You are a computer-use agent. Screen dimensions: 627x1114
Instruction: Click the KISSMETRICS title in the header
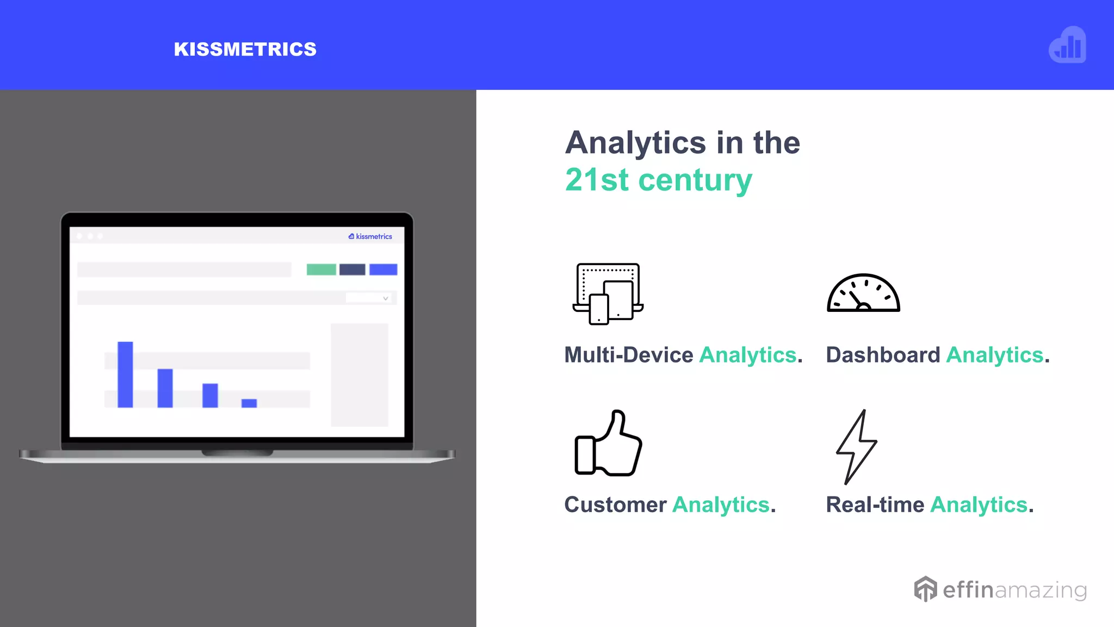pos(245,49)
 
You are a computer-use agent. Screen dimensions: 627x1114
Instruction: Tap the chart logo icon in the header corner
pos(1067,45)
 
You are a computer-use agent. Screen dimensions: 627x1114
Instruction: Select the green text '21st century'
pos(658,180)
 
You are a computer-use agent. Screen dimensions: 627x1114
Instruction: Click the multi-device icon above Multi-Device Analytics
pos(608,294)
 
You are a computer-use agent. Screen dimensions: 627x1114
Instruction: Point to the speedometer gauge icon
pos(863,293)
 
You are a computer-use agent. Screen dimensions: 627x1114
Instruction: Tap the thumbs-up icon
pos(609,444)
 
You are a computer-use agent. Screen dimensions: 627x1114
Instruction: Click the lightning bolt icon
pos(856,446)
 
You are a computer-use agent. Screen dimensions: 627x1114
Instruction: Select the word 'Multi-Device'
pos(628,355)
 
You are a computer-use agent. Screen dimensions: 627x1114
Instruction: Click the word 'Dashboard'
pos(882,355)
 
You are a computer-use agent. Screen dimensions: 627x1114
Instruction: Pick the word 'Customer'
pos(615,505)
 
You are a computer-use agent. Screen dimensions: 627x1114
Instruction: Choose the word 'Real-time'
pos(875,505)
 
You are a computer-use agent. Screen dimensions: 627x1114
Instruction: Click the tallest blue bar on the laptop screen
pos(125,374)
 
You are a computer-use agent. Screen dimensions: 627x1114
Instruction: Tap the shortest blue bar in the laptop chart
pos(249,403)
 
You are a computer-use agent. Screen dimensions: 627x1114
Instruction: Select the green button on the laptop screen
pos(321,269)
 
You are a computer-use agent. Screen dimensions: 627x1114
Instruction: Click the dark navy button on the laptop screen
pos(352,269)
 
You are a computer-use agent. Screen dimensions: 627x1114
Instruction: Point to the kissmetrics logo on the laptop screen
pos(370,236)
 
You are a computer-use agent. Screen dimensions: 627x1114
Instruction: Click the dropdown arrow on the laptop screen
pos(385,298)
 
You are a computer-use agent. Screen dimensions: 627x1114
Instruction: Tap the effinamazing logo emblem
pos(925,589)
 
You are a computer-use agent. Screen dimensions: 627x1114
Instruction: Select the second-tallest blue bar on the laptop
pos(165,388)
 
